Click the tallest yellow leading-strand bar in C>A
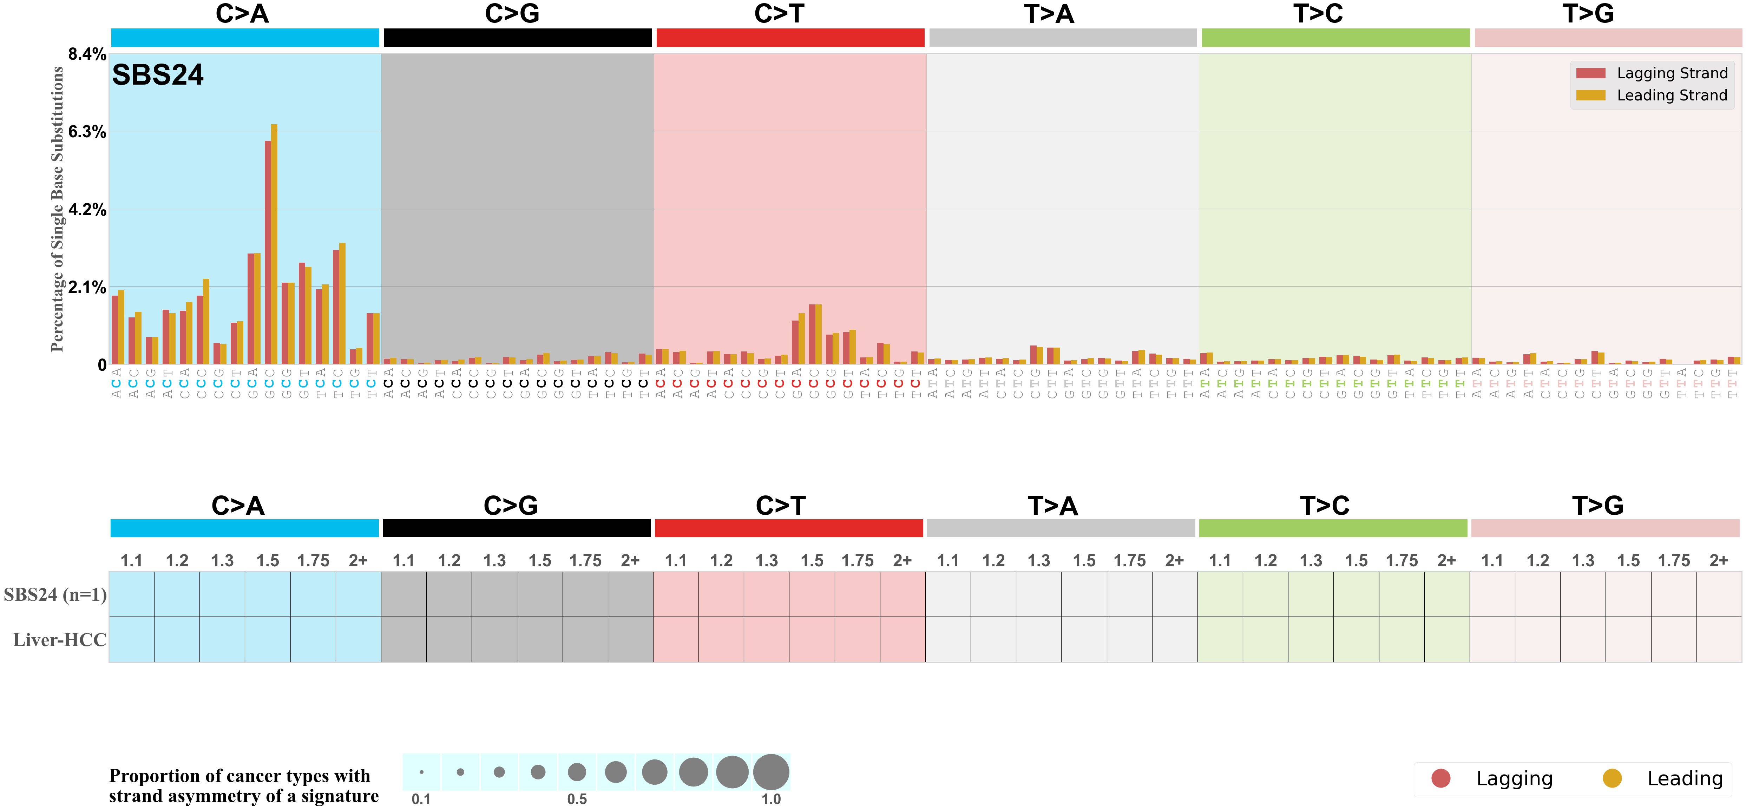(274, 244)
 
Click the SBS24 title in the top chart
(157, 74)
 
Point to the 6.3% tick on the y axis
(87, 132)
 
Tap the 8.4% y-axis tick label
(87, 54)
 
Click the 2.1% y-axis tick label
(87, 288)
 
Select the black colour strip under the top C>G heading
(517, 38)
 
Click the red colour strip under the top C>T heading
(790, 38)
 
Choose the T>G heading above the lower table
(1597, 506)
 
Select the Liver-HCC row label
(60, 640)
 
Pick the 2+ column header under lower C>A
(358, 561)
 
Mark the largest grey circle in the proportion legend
(771, 772)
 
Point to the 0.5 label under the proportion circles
(577, 799)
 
